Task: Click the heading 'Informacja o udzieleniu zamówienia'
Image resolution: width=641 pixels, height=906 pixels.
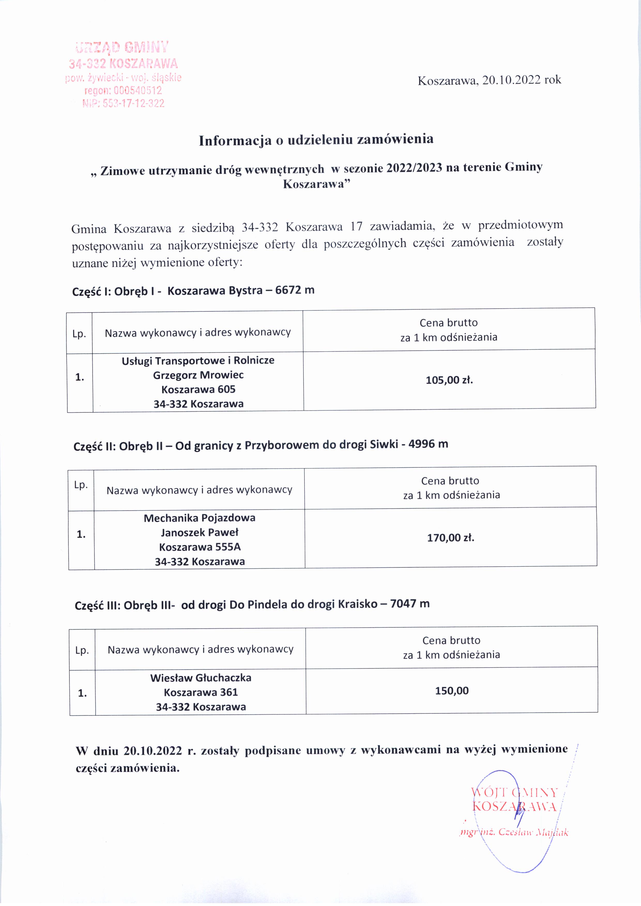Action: pyautogui.click(x=316, y=140)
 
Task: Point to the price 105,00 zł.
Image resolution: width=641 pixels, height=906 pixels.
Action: pyautogui.click(x=449, y=380)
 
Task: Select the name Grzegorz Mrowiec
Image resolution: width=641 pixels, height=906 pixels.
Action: pyautogui.click(x=198, y=375)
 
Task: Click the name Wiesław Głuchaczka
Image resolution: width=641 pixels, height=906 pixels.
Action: pyautogui.click(x=201, y=678)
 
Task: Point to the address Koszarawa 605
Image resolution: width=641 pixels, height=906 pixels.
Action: pyautogui.click(x=198, y=390)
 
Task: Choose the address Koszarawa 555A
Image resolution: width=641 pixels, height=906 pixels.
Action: pyautogui.click(x=200, y=547)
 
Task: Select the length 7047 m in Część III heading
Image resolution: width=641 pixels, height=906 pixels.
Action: pyautogui.click(x=409, y=604)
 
